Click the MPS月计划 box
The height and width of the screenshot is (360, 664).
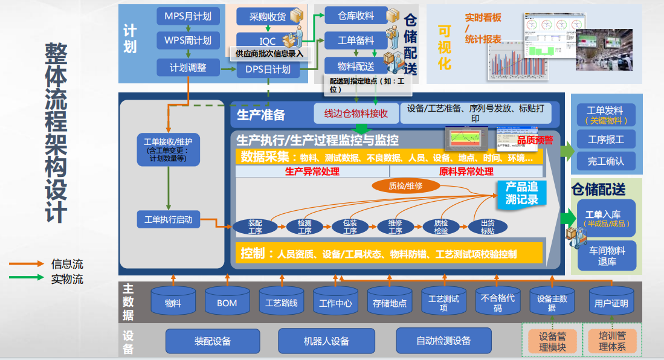188,16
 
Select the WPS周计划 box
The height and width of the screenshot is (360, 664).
188,41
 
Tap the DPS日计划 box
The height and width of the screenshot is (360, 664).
268,69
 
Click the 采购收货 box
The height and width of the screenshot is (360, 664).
268,16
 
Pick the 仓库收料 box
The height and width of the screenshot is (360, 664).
357,16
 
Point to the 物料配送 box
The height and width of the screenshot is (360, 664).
357,66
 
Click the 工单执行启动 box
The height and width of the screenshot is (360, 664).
169,219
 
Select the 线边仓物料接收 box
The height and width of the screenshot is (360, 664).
356,113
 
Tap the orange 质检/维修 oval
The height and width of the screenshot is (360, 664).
405,186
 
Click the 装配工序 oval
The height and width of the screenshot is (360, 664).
255,227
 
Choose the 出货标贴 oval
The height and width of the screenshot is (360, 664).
488,227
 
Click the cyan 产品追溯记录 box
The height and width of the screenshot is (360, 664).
521,193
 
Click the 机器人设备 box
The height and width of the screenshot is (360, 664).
326,341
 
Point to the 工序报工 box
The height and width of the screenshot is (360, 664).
605,140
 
